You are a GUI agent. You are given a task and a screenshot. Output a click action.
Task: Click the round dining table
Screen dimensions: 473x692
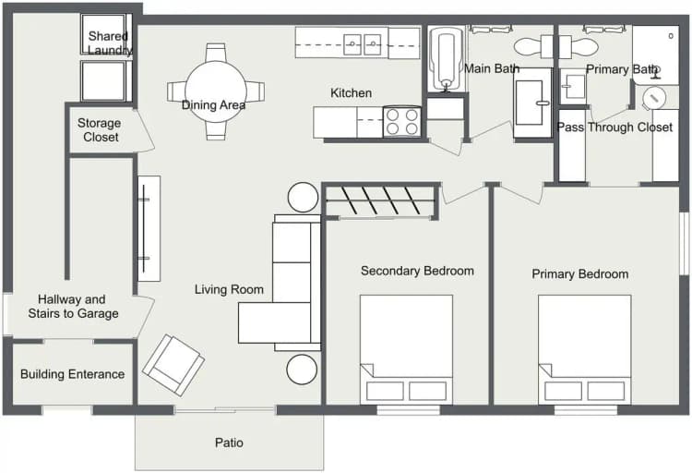[x=214, y=91]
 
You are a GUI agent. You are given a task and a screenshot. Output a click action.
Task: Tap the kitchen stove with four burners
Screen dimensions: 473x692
[x=402, y=122]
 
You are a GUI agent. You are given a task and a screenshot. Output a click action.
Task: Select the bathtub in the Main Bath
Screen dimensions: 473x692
[x=447, y=61]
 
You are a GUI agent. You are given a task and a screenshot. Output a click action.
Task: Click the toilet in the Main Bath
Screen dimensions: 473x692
[x=531, y=45]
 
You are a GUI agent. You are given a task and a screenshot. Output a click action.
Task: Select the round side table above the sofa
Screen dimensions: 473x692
[x=303, y=198]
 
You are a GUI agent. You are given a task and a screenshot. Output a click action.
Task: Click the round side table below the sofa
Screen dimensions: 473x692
[x=302, y=370]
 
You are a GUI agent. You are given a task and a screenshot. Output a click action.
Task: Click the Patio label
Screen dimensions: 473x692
[x=229, y=443]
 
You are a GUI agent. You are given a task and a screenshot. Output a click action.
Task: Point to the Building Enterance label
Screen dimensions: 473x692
[x=72, y=374]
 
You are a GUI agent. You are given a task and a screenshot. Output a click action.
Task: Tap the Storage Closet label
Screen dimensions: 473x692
[x=101, y=130]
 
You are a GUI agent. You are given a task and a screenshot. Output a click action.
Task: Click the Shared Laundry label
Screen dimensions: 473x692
[x=109, y=43]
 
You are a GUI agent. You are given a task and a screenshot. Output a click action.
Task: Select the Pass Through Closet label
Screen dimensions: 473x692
[x=615, y=127]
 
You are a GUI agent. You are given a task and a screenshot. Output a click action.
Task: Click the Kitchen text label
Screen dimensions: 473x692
[x=352, y=93]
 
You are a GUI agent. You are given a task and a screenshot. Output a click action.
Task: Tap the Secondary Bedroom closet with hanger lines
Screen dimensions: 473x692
[x=380, y=201]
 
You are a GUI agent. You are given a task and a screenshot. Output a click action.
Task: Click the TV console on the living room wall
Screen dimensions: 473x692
[x=149, y=228]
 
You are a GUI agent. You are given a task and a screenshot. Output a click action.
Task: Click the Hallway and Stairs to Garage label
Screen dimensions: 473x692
[x=78, y=307]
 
